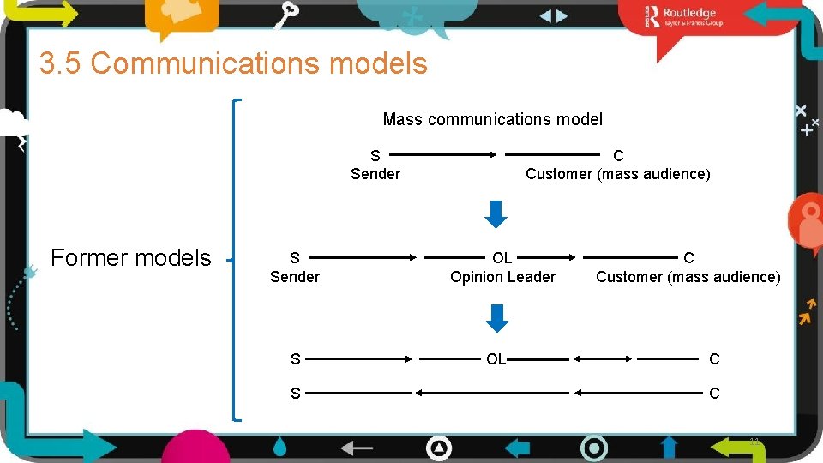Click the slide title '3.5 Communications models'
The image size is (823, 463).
(233, 63)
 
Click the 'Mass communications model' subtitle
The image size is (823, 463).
(492, 119)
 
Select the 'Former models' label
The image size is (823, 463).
(130, 257)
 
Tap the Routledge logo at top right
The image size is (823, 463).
(686, 16)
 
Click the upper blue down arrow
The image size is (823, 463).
(496, 213)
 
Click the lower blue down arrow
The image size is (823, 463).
(496, 318)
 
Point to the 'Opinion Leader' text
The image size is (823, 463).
(502, 276)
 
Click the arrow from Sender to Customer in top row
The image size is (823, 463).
(447, 155)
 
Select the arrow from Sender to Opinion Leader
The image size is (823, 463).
(368, 256)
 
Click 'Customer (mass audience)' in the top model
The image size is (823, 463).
(617, 174)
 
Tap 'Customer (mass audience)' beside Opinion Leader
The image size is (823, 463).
(688, 276)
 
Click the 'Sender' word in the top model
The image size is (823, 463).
(375, 174)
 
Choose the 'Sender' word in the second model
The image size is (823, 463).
(294, 276)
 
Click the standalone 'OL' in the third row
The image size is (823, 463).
(496, 359)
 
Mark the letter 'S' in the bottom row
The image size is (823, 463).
(295, 394)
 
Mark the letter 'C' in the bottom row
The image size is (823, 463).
(714, 394)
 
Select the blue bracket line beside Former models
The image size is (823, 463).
(237, 257)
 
